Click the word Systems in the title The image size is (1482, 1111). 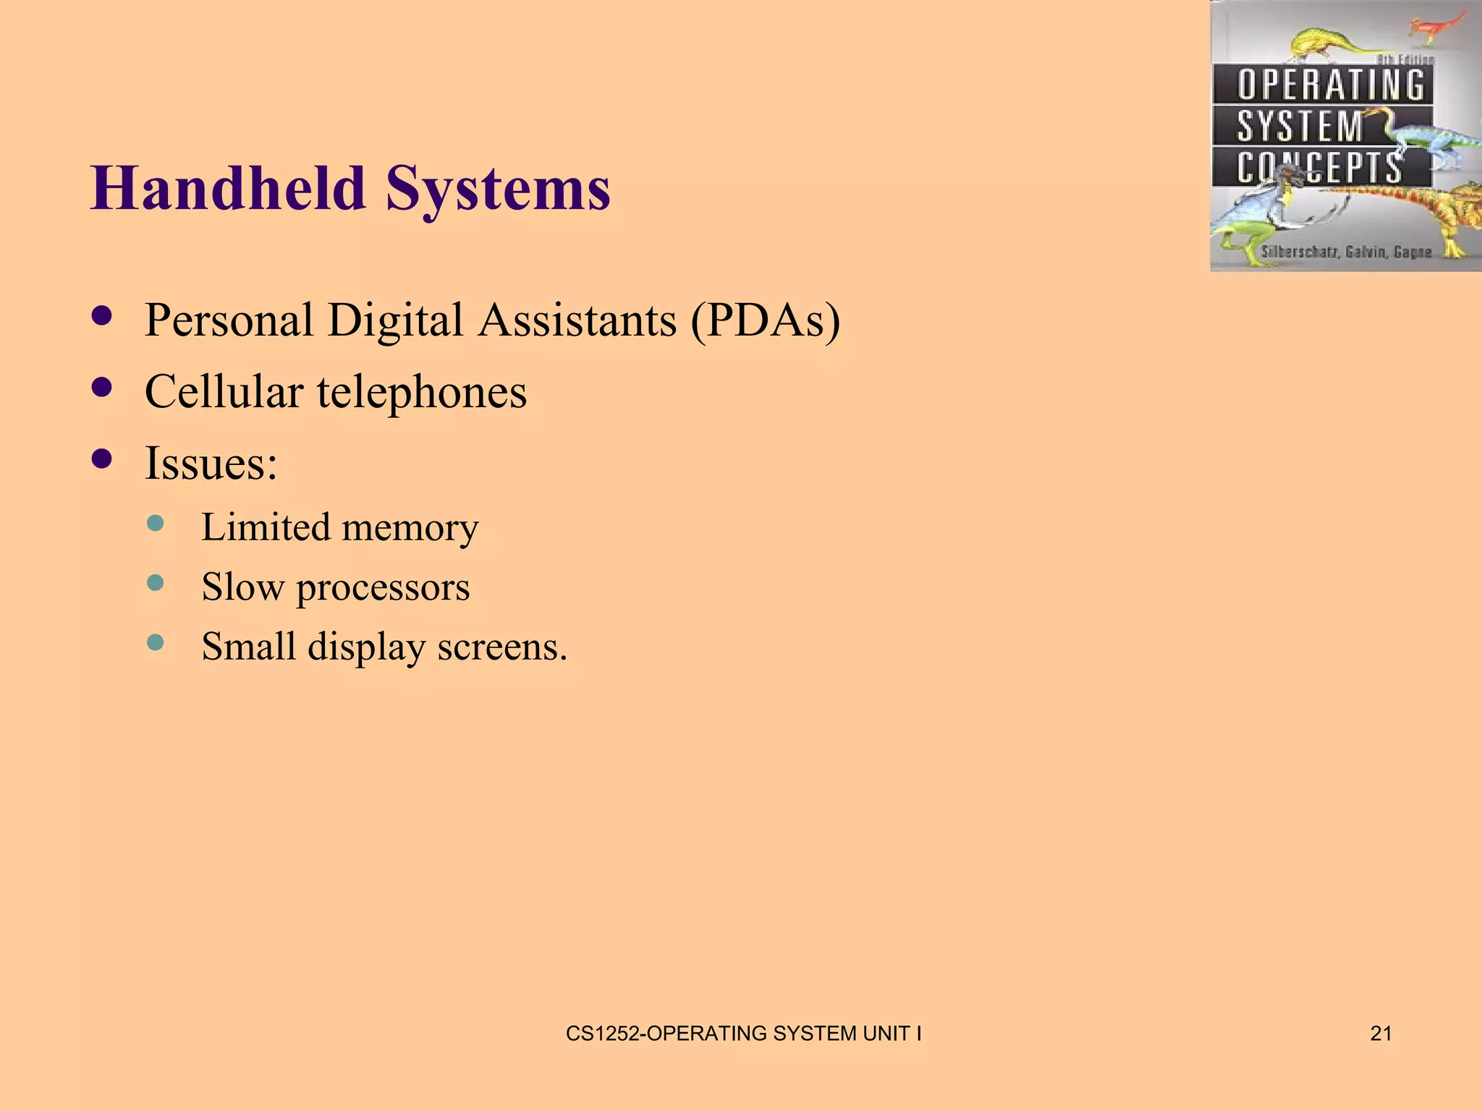pyautogui.click(x=498, y=190)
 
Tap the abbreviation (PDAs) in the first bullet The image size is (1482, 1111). pyautogui.click(x=765, y=320)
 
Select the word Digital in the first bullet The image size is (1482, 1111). pyautogui.click(x=394, y=321)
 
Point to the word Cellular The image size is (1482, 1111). pyautogui.click(x=224, y=391)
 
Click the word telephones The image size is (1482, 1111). pyautogui.click(x=422, y=393)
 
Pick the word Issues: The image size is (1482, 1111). pyautogui.click(x=211, y=463)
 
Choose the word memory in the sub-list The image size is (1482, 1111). pyautogui.click(x=410, y=527)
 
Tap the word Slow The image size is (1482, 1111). pyautogui.click(x=242, y=587)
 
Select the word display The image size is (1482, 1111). pyautogui.click(x=366, y=647)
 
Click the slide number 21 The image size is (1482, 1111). pyautogui.click(x=1381, y=1034)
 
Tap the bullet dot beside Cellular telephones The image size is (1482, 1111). pyautogui.click(x=103, y=388)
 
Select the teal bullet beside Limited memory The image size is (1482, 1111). pyautogui.click(x=155, y=523)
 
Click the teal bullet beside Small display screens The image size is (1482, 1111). pyautogui.click(x=155, y=642)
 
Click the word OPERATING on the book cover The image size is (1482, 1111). pyautogui.click(x=1330, y=85)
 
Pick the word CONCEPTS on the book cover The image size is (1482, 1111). pyautogui.click(x=1318, y=168)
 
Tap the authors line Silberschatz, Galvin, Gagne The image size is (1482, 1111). pyautogui.click(x=1346, y=252)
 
